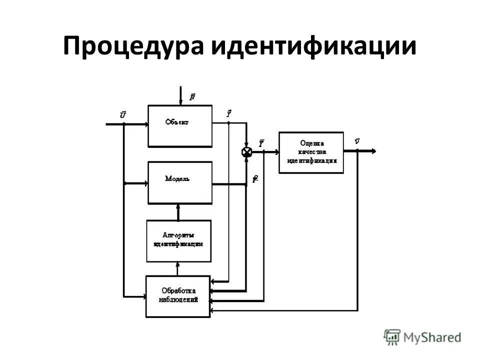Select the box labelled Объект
pyautogui.click(x=180, y=125)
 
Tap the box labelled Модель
pyautogui.click(x=180, y=182)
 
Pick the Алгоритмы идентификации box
pyautogui.click(x=178, y=240)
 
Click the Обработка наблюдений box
pyautogui.click(x=177, y=296)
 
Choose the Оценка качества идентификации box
pyautogui.click(x=311, y=152)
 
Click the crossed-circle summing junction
pyautogui.click(x=246, y=152)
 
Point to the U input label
pyautogui.click(x=123, y=115)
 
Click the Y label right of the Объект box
pyautogui.click(x=228, y=114)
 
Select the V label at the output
pyautogui.click(x=356, y=141)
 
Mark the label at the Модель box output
pyautogui.click(x=255, y=179)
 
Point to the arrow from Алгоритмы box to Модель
pyautogui.click(x=178, y=211)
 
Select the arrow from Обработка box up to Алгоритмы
pyautogui.click(x=178, y=269)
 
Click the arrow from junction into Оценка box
pyautogui.click(x=270, y=152)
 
